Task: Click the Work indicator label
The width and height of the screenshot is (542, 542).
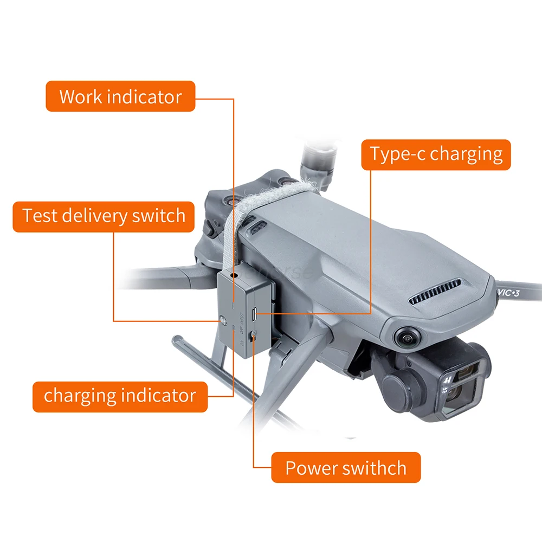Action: pyautogui.click(x=120, y=96)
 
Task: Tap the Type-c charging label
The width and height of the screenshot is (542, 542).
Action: pyautogui.click(x=436, y=154)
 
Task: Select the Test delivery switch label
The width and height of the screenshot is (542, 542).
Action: pyautogui.click(x=104, y=216)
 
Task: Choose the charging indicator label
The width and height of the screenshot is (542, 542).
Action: pyautogui.click(x=119, y=396)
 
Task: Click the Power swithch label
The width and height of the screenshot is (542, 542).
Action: pyautogui.click(x=346, y=467)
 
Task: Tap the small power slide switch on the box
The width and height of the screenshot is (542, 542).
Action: pyautogui.click(x=253, y=337)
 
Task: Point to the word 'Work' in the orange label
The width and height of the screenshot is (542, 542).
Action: pyautogui.click(x=81, y=96)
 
